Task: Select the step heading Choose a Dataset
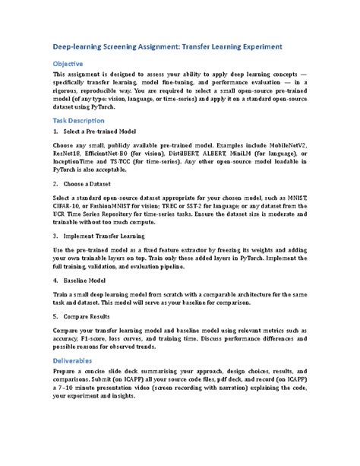[90, 184]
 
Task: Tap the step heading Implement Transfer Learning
[107, 236]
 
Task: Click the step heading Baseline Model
[86, 281]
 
